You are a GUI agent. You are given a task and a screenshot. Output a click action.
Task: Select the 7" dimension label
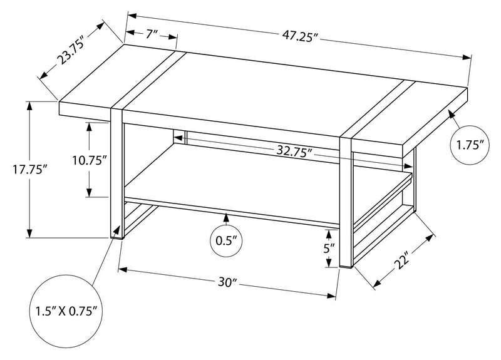[152, 35]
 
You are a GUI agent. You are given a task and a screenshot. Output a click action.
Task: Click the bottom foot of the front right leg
[346, 267]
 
